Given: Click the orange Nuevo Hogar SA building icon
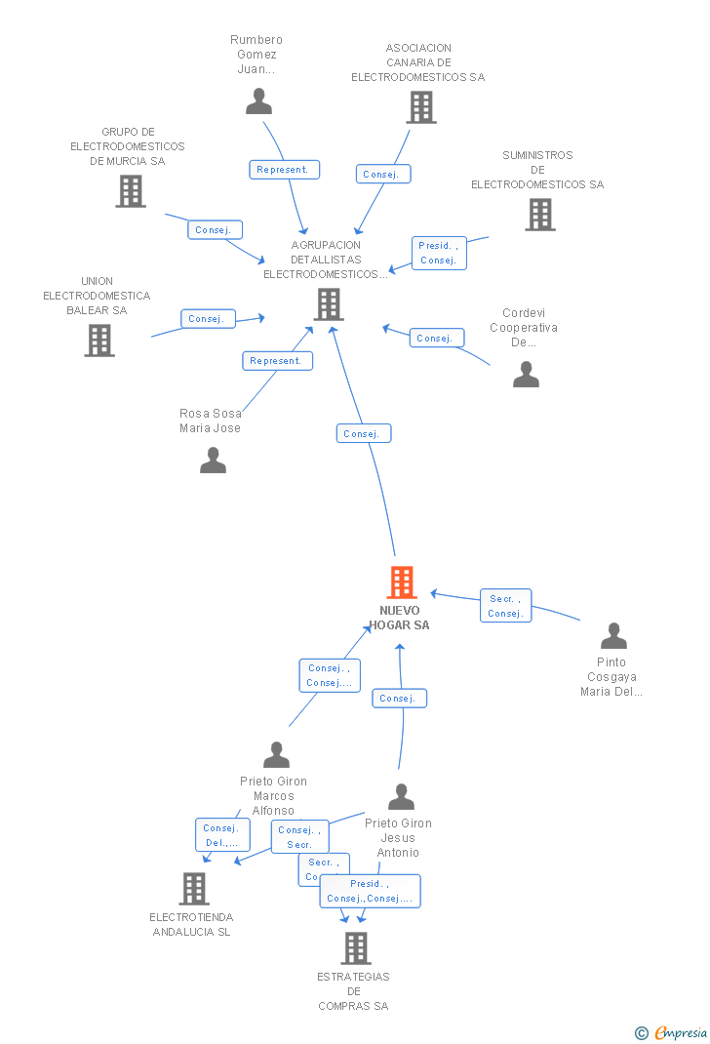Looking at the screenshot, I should click(402, 582).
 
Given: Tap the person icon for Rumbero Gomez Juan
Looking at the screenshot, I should click(258, 101).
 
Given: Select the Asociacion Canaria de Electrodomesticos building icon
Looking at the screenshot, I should click(420, 107).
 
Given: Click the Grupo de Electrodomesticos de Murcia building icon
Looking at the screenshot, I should click(131, 191).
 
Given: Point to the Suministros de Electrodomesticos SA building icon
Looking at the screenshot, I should click(539, 215).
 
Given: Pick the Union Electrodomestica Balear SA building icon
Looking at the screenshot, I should click(99, 341).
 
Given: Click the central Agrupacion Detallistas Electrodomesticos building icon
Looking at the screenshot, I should click(329, 304).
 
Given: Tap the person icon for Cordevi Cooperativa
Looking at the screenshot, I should click(526, 375).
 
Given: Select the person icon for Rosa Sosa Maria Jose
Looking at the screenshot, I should click(213, 461).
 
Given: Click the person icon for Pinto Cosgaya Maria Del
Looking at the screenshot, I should click(613, 636).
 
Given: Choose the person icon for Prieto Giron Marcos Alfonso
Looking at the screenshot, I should click(276, 755).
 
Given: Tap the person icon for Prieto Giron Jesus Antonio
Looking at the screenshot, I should click(401, 797).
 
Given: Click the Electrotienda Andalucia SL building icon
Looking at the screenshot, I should click(193, 889).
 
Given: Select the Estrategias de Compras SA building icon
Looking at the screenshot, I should click(355, 947).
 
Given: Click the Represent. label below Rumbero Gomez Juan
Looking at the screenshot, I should click(284, 170).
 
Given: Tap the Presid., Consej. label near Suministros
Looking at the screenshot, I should click(438, 253).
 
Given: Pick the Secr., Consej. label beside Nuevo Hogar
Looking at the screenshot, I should click(505, 606).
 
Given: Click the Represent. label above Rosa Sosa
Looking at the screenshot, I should click(277, 361).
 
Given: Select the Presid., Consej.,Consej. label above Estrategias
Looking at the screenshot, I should click(370, 891).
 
